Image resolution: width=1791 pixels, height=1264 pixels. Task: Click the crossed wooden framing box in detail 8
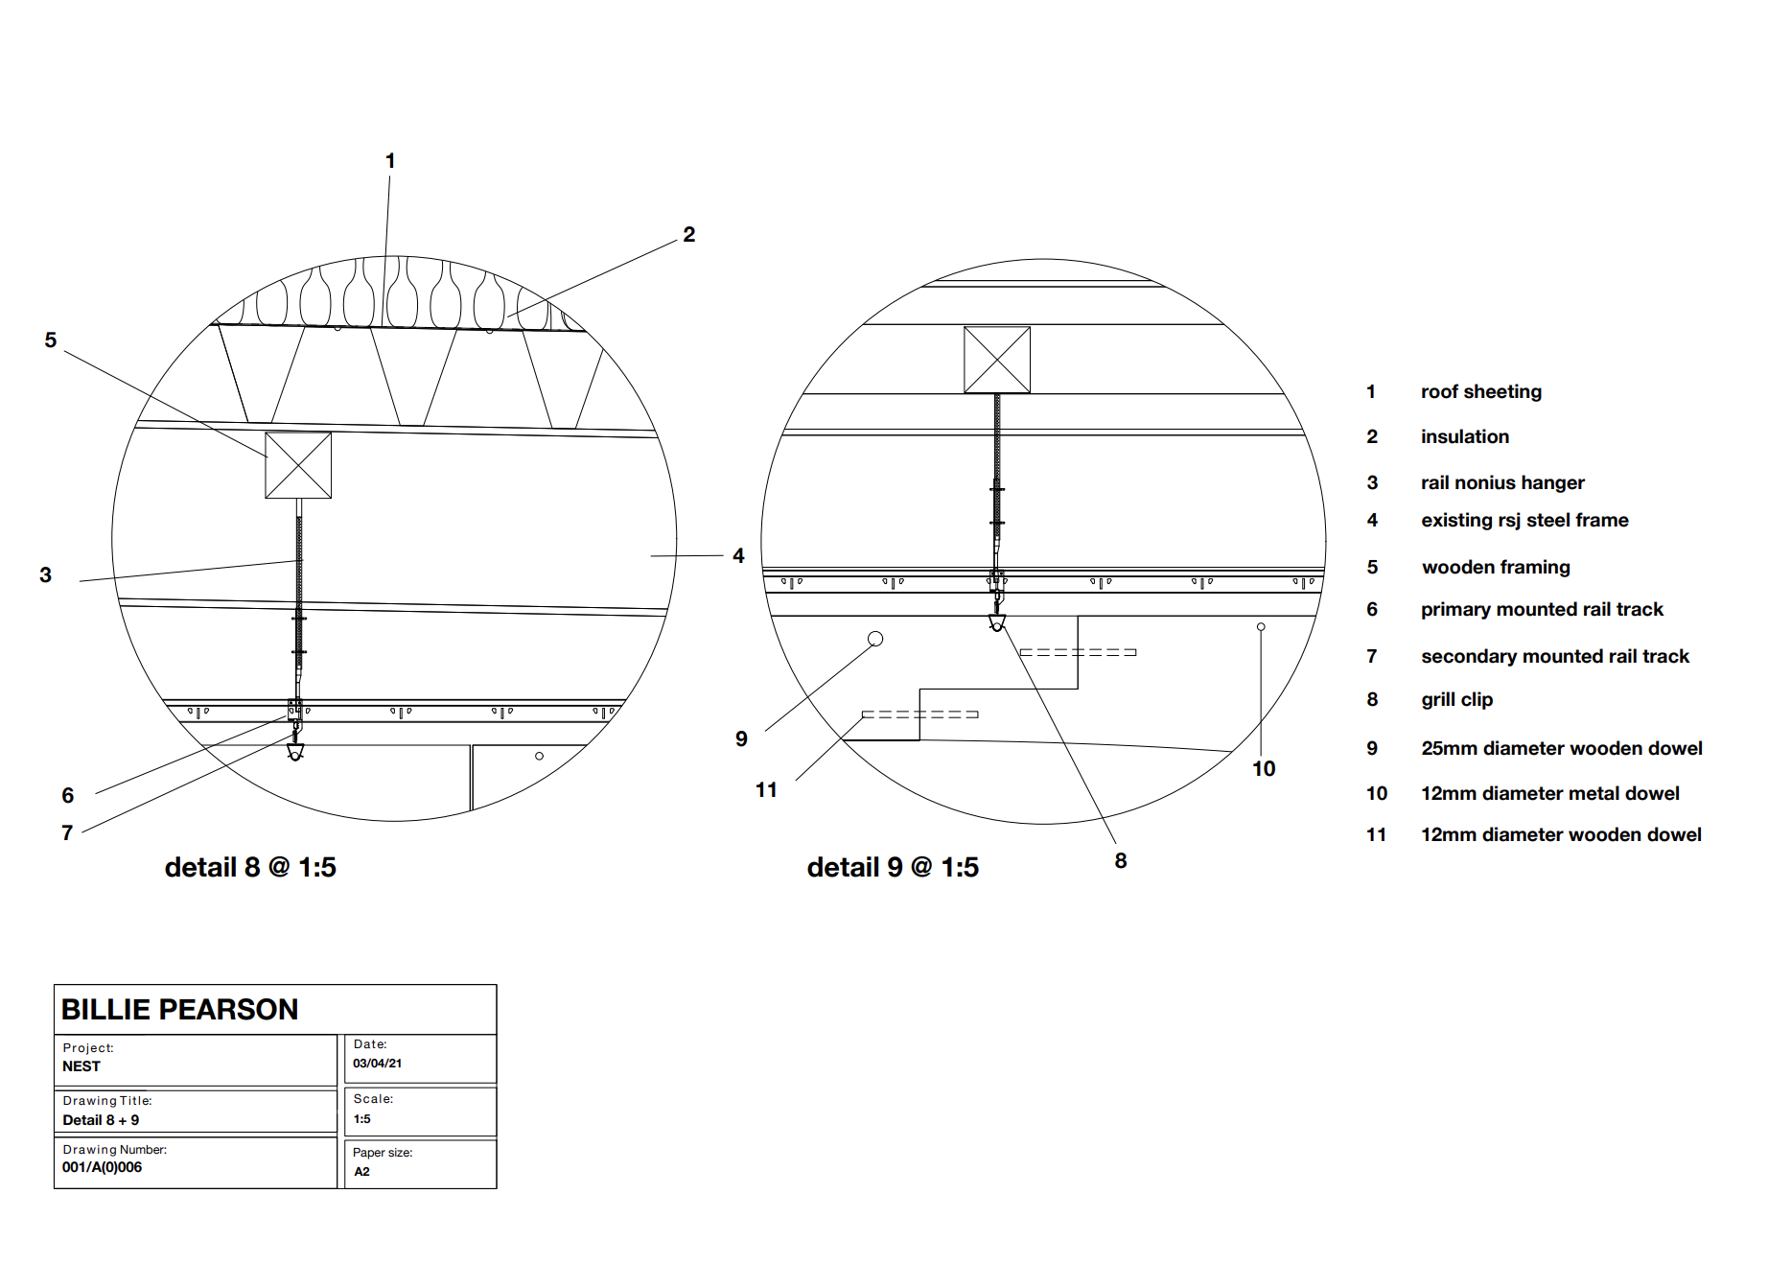pyautogui.click(x=298, y=465)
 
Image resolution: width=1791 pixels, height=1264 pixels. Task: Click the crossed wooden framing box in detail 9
pyautogui.click(x=997, y=360)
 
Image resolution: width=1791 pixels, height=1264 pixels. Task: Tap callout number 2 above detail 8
pyautogui.click(x=689, y=235)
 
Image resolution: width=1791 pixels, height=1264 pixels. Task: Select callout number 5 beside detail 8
pyautogui.click(x=51, y=340)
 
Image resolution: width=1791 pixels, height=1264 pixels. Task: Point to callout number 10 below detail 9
pyautogui.click(x=1264, y=768)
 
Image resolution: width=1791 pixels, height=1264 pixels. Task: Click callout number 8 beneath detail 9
pyautogui.click(x=1121, y=860)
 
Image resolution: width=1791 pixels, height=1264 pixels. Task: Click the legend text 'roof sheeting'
pyautogui.click(x=1481, y=391)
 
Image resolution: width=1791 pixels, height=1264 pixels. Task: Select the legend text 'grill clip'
pyautogui.click(x=1457, y=700)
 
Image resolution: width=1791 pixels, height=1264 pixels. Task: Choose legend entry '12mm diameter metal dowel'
pyautogui.click(x=1550, y=793)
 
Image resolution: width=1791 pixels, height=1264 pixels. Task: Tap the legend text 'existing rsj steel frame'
pyautogui.click(x=1524, y=520)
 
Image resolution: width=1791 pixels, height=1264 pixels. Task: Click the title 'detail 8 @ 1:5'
pyautogui.click(x=250, y=867)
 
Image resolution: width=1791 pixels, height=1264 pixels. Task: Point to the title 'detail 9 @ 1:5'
pyautogui.click(x=893, y=867)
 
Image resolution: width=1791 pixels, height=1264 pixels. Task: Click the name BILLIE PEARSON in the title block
pyautogui.click(x=179, y=1009)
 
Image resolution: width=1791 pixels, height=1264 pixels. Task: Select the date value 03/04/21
pyautogui.click(x=377, y=1064)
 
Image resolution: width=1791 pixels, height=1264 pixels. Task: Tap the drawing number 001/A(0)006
pyautogui.click(x=102, y=1167)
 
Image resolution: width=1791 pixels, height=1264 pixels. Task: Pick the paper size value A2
pyautogui.click(x=361, y=1172)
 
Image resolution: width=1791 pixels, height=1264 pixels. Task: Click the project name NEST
pyautogui.click(x=81, y=1066)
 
